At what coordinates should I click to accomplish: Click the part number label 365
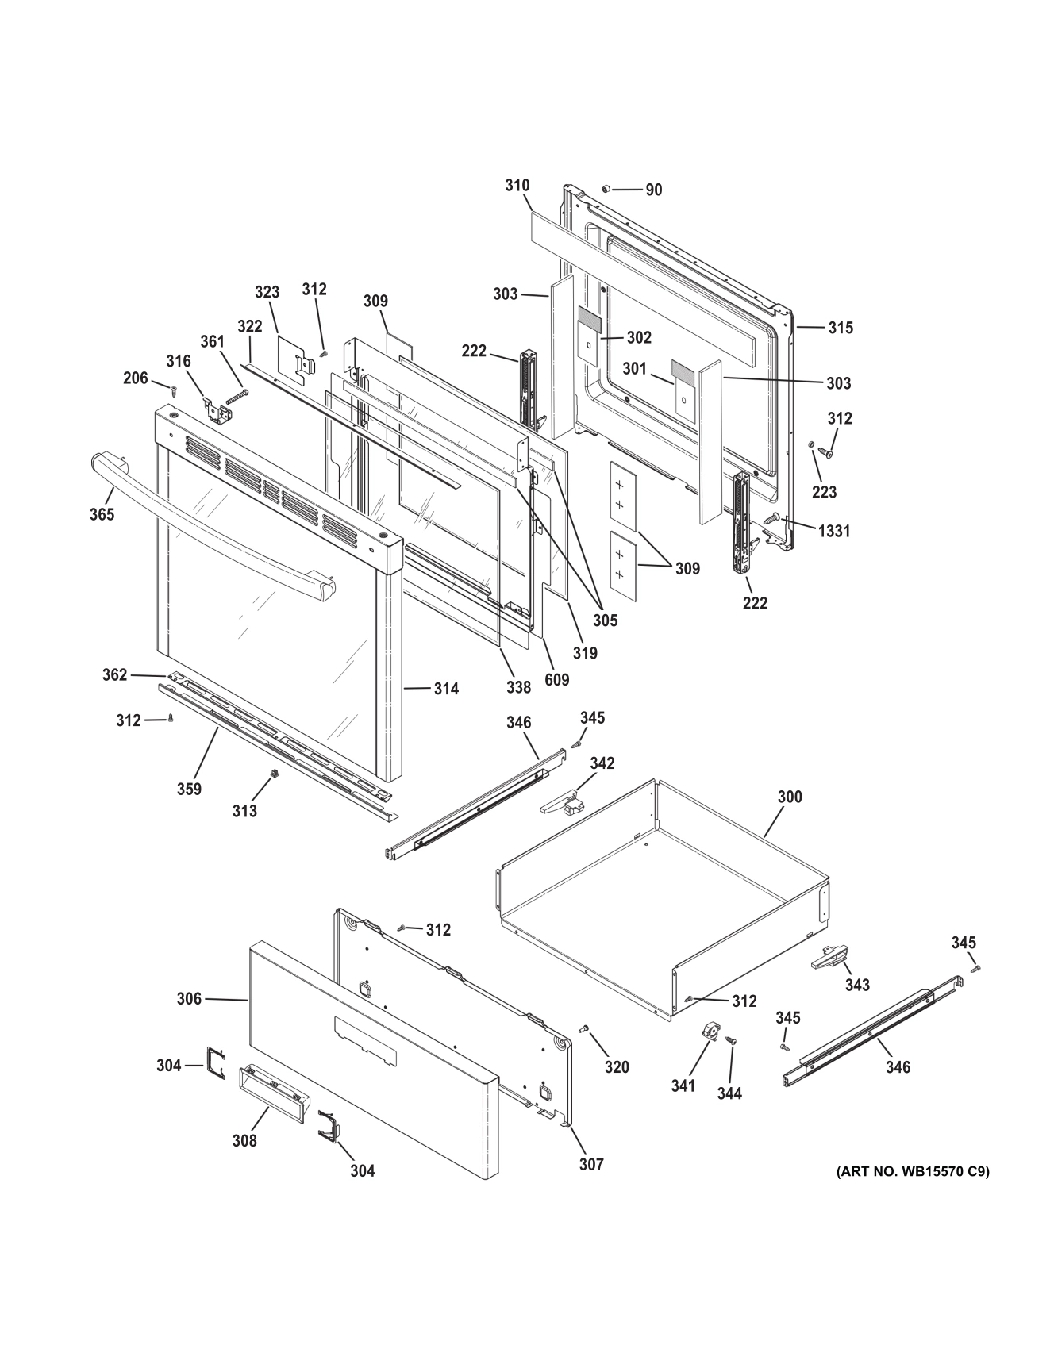coord(102,514)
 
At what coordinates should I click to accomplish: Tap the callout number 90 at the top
coord(653,190)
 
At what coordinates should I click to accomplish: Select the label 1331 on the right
coord(834,531)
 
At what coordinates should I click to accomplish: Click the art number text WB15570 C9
coord(912,1171)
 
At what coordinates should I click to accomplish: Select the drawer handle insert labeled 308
coord(270,1084)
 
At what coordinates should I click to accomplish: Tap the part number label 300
coord(789,797)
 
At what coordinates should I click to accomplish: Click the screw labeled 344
coord(732,1040)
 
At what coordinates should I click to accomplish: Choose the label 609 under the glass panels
coord(556,680)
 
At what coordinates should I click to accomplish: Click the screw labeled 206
coord(174,388)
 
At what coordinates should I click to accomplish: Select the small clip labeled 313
coord(274,774)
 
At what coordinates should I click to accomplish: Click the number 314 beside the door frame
coord(446,689)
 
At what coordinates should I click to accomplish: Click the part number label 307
coord(591,1164)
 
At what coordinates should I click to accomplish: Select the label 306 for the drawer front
coord(189,999)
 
